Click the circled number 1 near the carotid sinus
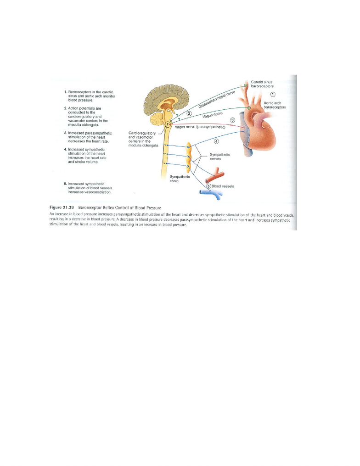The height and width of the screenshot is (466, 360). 273,94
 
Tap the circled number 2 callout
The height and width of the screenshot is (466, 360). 189,113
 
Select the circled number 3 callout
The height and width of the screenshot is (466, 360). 232,120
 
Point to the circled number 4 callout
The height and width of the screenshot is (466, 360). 217,141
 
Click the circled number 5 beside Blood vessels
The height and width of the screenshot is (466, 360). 208,186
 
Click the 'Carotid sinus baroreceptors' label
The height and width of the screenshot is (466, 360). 262,84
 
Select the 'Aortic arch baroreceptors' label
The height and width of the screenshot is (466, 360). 275,105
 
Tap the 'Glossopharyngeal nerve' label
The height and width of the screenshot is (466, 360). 217,100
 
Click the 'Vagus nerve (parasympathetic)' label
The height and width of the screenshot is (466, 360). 200,127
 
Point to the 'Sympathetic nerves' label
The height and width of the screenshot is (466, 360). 219,157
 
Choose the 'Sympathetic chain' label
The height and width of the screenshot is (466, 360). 180,179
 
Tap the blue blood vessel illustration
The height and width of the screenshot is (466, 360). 211,194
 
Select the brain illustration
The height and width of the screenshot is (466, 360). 167,107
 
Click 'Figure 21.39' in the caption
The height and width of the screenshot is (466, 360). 62,208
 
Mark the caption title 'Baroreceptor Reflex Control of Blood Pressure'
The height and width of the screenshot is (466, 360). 120,208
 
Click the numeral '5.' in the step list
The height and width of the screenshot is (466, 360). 65,184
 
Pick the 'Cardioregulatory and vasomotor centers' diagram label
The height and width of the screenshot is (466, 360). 143,139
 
